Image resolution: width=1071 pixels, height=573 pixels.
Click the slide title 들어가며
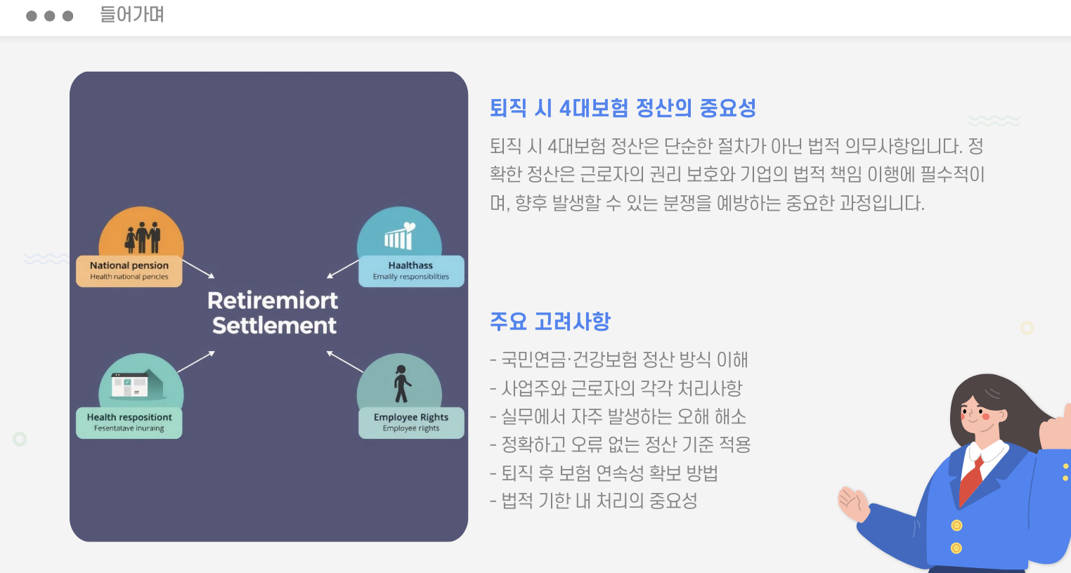[131, 15]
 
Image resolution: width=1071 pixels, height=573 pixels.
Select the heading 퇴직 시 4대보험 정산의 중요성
[623, 108]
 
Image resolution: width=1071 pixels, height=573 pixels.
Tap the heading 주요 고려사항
[550, 322]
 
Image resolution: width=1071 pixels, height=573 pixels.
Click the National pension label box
[129, 270]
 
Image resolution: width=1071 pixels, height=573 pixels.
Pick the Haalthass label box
[411, 270]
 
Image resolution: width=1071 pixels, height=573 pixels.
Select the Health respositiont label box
[129, 422]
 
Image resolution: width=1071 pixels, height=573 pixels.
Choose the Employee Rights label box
[411, 422]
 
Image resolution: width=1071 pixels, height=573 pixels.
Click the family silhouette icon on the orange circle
[143, 237]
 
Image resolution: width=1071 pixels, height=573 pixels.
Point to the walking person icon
[401, 384]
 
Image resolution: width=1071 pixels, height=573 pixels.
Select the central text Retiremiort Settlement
[273, 312]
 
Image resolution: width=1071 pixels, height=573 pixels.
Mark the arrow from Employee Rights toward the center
[344, 361]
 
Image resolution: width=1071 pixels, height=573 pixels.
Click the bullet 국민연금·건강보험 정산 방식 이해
[619, 360]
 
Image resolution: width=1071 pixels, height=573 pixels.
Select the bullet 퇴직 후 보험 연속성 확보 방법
[604, 473]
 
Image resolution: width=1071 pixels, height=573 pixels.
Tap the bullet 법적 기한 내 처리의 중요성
[594, 501]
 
